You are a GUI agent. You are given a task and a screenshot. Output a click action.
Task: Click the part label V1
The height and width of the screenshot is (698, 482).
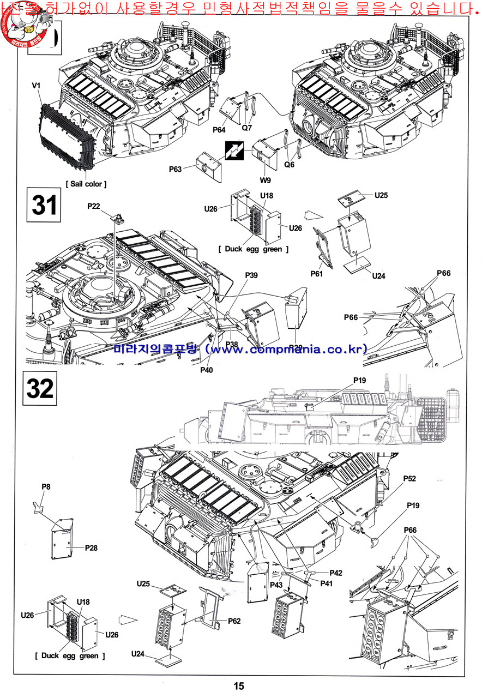click(x=37, y=86)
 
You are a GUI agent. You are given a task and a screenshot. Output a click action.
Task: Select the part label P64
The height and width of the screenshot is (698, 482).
click(x=219, y=130)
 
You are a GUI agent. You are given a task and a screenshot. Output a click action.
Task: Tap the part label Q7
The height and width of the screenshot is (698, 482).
click(x=247, y=128)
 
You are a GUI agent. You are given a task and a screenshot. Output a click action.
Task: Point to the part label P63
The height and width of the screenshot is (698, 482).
click(x=175, y=169)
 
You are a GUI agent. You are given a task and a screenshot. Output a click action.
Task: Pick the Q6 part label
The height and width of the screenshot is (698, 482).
click(x=289, y=164)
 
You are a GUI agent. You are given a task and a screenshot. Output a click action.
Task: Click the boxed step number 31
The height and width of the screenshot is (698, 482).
click(x=44, y=205)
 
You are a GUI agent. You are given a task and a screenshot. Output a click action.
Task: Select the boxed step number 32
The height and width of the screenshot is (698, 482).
click(x=40, y=388)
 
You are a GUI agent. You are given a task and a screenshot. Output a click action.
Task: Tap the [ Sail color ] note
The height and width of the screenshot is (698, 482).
click(x=86, y=184)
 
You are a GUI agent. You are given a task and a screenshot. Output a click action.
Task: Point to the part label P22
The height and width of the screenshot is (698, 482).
click(x=94, y=206)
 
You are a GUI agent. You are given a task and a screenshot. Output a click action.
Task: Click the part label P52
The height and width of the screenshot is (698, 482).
click(x=409, y=478)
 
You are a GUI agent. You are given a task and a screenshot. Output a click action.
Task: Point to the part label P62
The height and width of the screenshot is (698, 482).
click(x=234, y=621)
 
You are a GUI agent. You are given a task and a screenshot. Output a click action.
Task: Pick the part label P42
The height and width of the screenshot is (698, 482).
click(x=335, y=573)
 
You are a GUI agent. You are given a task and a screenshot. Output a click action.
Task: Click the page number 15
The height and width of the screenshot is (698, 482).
click(x=239, y=687)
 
